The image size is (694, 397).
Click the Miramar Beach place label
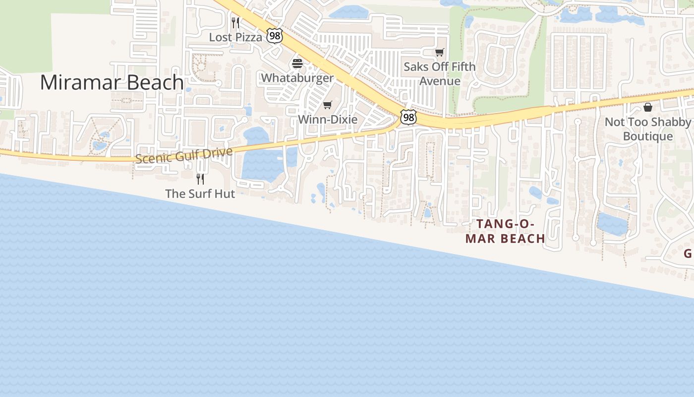coord(112,82)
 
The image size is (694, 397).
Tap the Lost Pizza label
coord(235,37)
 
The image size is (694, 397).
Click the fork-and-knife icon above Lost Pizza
coord(235,22)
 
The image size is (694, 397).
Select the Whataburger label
coord(297,78)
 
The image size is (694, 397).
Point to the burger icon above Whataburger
coord(297,64)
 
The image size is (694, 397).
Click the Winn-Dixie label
coord(327,120)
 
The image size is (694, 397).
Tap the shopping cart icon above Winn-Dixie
coord(327,105)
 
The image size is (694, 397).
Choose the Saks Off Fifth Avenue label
coord(439,73)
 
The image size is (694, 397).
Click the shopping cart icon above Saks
coord(439,52)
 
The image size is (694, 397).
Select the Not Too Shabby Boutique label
coord(647,129)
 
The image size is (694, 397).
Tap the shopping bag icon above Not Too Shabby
coord(647,107)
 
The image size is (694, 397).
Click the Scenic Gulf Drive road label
coord(184,155)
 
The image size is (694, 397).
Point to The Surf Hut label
coord(200,194)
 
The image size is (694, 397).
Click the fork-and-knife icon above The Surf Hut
coord(200,179)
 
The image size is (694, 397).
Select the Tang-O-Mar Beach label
coord(505,231)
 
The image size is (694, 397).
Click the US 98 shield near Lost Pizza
coord(274,35)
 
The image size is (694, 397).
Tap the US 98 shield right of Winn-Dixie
coord(408,118)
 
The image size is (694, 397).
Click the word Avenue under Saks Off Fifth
coord(440,81)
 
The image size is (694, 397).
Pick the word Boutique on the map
coord(647,136)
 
